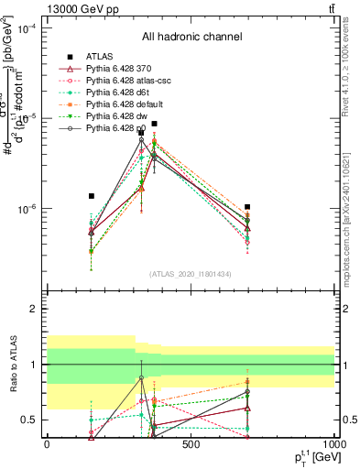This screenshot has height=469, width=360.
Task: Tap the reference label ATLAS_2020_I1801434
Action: (x=191, y=274)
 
